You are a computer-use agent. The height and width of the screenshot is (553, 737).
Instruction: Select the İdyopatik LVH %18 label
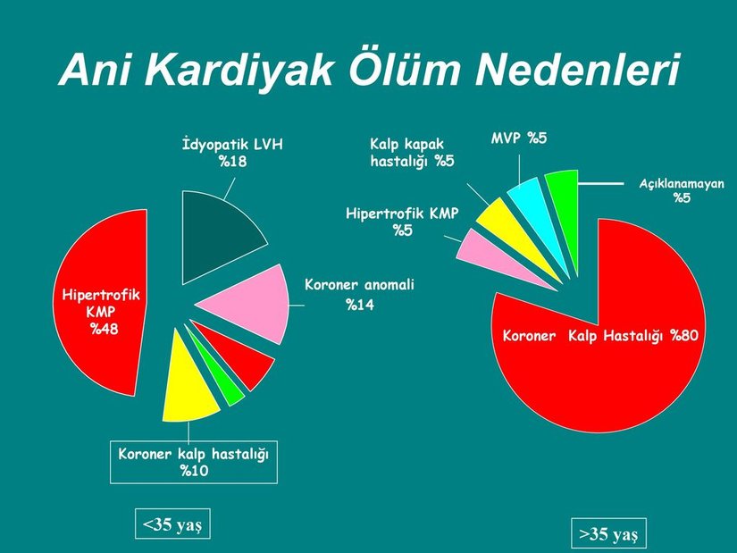click(x=231, y=153)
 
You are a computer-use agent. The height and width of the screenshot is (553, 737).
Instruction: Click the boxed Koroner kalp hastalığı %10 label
click(x=193, y=462)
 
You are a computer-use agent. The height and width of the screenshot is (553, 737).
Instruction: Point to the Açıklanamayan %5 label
click(x=682, y=189)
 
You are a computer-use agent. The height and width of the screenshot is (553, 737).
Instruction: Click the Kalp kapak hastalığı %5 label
click(x=412, y=153)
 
